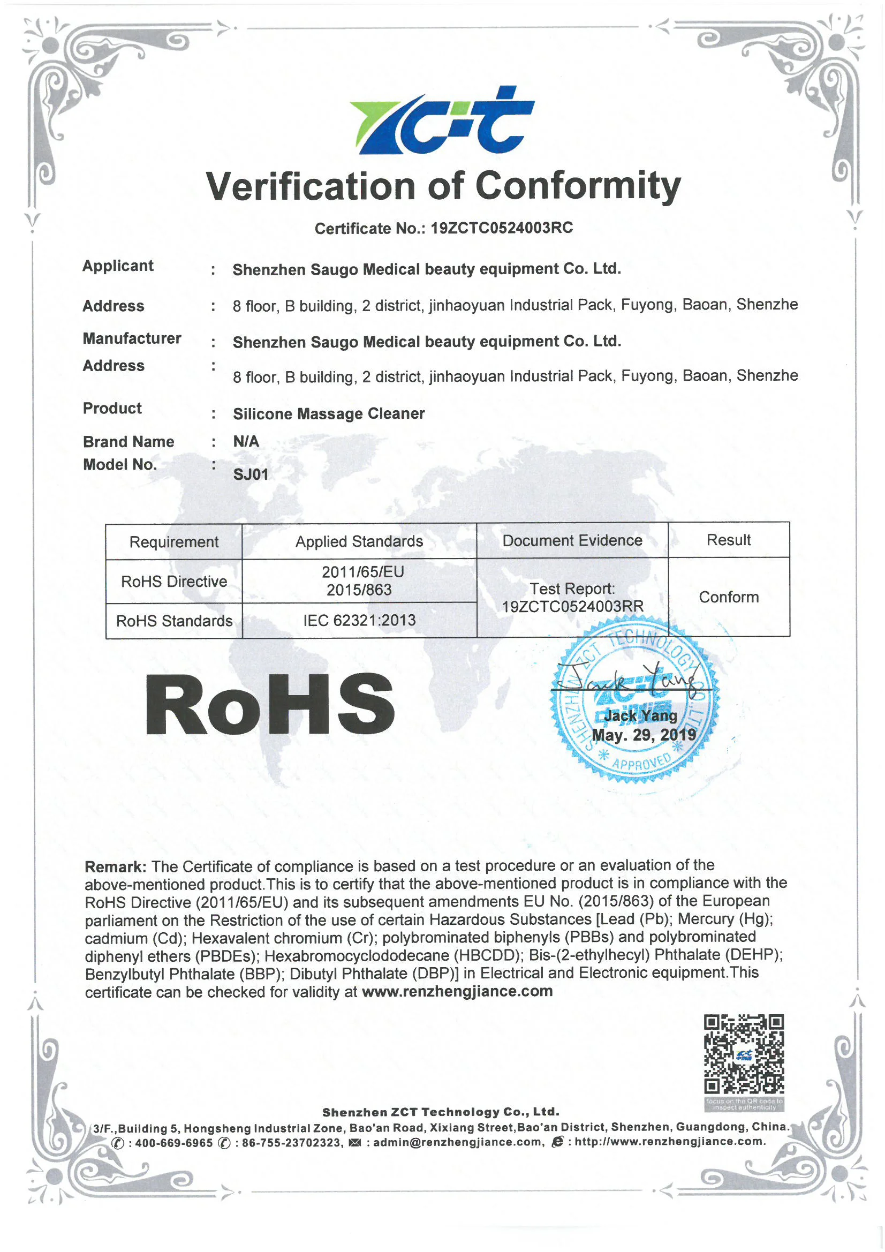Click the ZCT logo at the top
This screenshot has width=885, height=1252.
coord(442,120)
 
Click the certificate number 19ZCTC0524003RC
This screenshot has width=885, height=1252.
coord(502,228)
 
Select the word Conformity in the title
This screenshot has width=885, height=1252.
coord(578,186)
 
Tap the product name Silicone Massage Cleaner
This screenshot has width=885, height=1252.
coord(329,413)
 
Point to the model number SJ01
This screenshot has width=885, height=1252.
coord(251,474)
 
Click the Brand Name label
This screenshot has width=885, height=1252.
coord(128,442)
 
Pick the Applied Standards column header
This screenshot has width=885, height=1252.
coord(359,541)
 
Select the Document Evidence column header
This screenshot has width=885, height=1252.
coord(572,540)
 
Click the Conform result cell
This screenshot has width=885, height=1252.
coord(729,597)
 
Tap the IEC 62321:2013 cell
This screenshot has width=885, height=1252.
coord(359,620)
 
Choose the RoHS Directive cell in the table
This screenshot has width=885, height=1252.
coord(174,582)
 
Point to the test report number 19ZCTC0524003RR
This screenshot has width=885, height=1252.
coord(572,606)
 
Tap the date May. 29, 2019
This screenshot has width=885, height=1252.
coord(644,735)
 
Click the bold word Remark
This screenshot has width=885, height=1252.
coord(115,866)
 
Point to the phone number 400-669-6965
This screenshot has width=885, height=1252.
coord(173,1143)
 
